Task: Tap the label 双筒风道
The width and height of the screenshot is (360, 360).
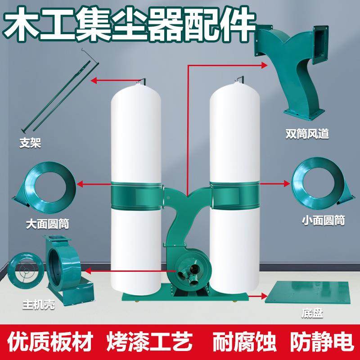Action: tap(307, 134)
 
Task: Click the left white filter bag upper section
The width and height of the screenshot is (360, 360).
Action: tap(135, 135)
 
